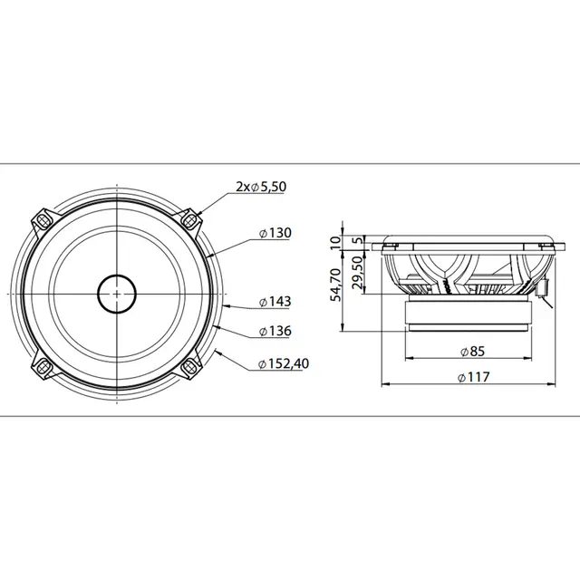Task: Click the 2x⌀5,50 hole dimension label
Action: (262, 187)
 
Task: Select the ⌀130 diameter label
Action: (275, 233)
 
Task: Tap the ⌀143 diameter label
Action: (275, 301)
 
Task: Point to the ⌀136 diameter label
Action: (275, 332)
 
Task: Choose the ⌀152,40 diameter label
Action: (284, 363)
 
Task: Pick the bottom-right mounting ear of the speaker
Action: (188, 365)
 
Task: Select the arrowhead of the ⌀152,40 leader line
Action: (218, 349)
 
